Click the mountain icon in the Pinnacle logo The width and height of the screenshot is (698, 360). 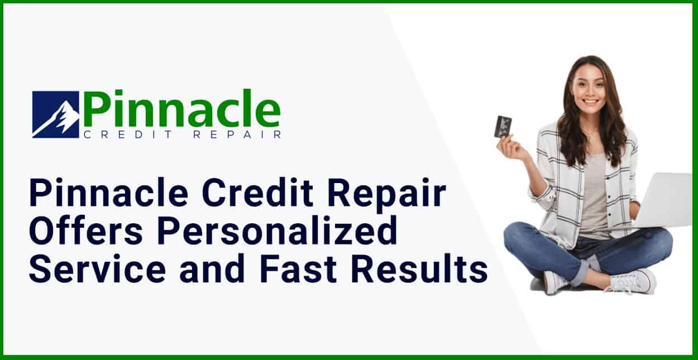(55, 114)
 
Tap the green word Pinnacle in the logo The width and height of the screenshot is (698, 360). (181, 109)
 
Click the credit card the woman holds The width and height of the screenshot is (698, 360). (503, 126)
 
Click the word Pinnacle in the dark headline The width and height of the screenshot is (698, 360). (109, 195)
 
